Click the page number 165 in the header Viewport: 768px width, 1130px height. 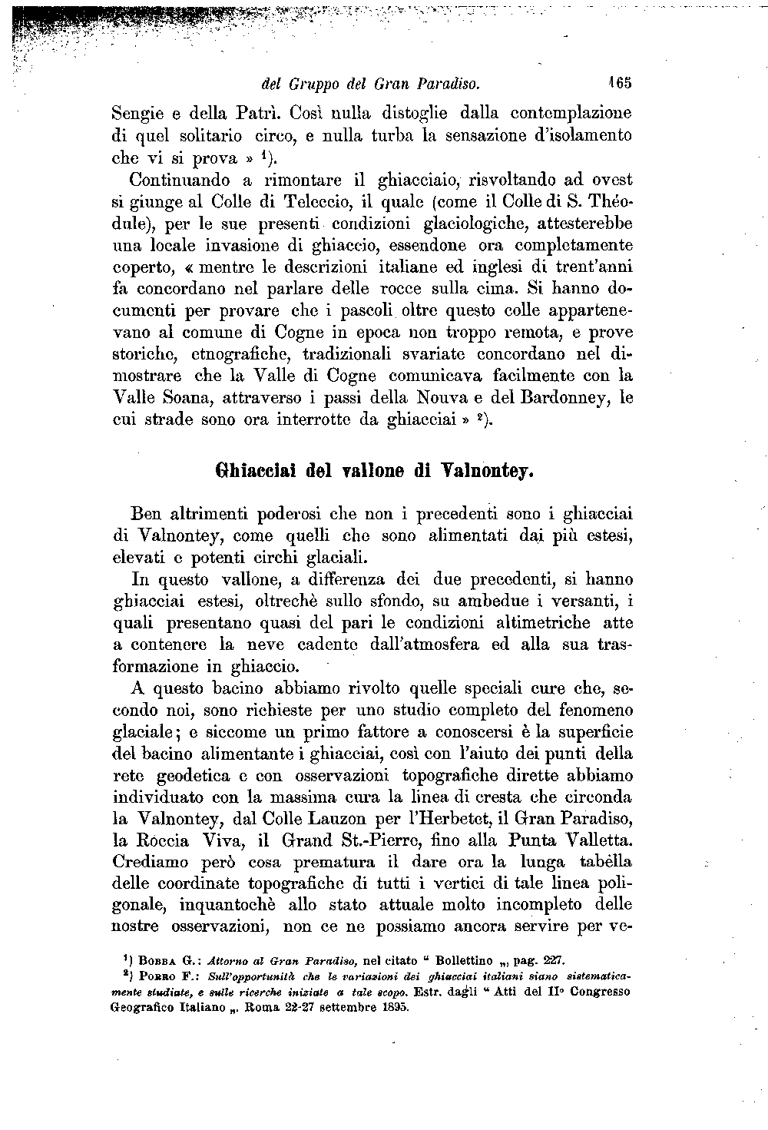tap(618, 81)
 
